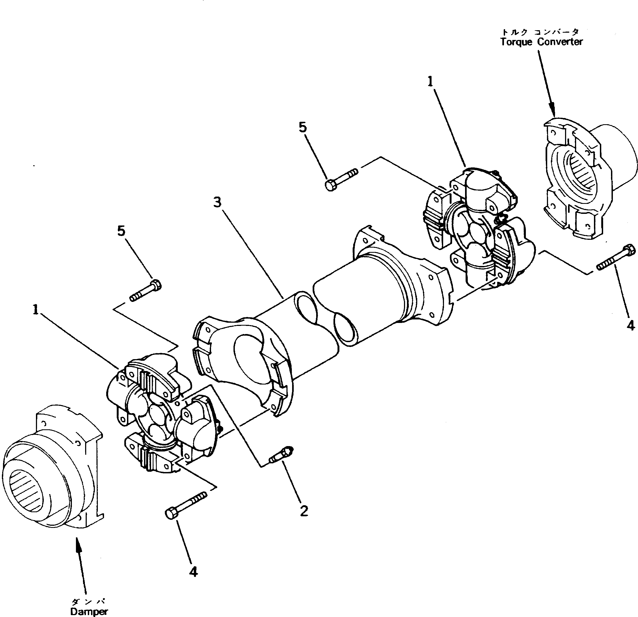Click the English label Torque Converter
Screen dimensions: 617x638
(541, 42)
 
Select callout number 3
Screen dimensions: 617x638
(218, 202)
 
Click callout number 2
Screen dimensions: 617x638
(304, 511)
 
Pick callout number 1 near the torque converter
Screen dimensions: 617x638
(431, 82)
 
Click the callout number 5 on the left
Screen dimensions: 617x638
(121, 231)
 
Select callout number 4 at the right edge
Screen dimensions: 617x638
(630, 325)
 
